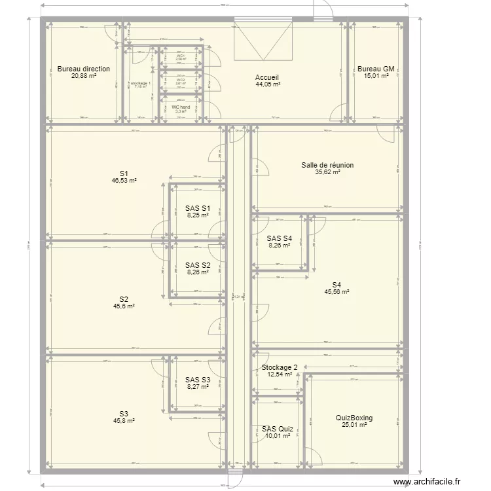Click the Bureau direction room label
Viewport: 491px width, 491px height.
click(83, 69)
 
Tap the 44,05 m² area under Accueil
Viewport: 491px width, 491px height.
click(268, 84)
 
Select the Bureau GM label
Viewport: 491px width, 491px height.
click(376, 69)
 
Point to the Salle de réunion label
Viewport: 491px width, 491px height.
click(327, 165)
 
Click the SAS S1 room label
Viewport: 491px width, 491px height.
click(197, 208)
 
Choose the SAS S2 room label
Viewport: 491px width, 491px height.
click(197, 265)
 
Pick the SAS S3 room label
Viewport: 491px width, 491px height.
click(197, 380)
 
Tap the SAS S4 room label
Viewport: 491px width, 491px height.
click(279, 238)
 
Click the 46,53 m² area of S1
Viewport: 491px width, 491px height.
click(124, 180)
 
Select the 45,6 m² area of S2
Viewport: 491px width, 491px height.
click(124, 306)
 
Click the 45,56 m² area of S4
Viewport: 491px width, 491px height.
click(336, 292)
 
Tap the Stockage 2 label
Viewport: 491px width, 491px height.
click(280, 367)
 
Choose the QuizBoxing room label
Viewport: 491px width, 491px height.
click(354, 417)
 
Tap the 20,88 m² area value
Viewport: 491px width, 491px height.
click(83, 76)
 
